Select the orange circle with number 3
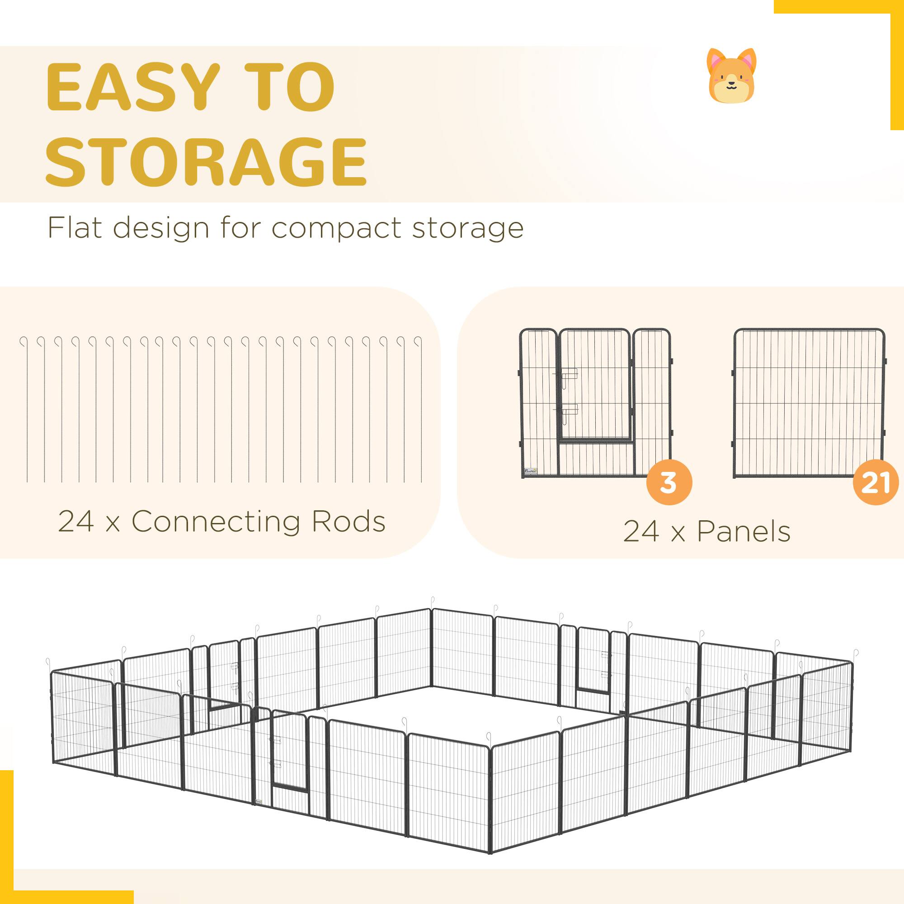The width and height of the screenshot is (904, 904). click(669, 482)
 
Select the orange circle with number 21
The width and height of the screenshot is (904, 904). click(875, 482)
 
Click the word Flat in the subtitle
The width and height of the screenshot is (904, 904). click(75, 228)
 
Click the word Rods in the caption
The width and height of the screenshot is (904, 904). click(348, 521)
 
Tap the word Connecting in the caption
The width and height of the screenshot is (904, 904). click(215, 522)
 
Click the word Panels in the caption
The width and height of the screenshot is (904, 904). click(744, 532)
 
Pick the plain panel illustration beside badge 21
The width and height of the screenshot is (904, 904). click(809, 402)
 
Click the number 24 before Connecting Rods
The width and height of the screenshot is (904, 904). click(76, 521)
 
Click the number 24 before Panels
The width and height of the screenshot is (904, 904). click(641, 532)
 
